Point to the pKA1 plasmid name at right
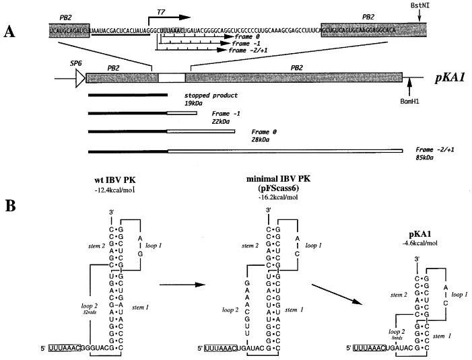point(446,77)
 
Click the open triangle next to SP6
point(80,78)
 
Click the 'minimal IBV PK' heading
point(273,176)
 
